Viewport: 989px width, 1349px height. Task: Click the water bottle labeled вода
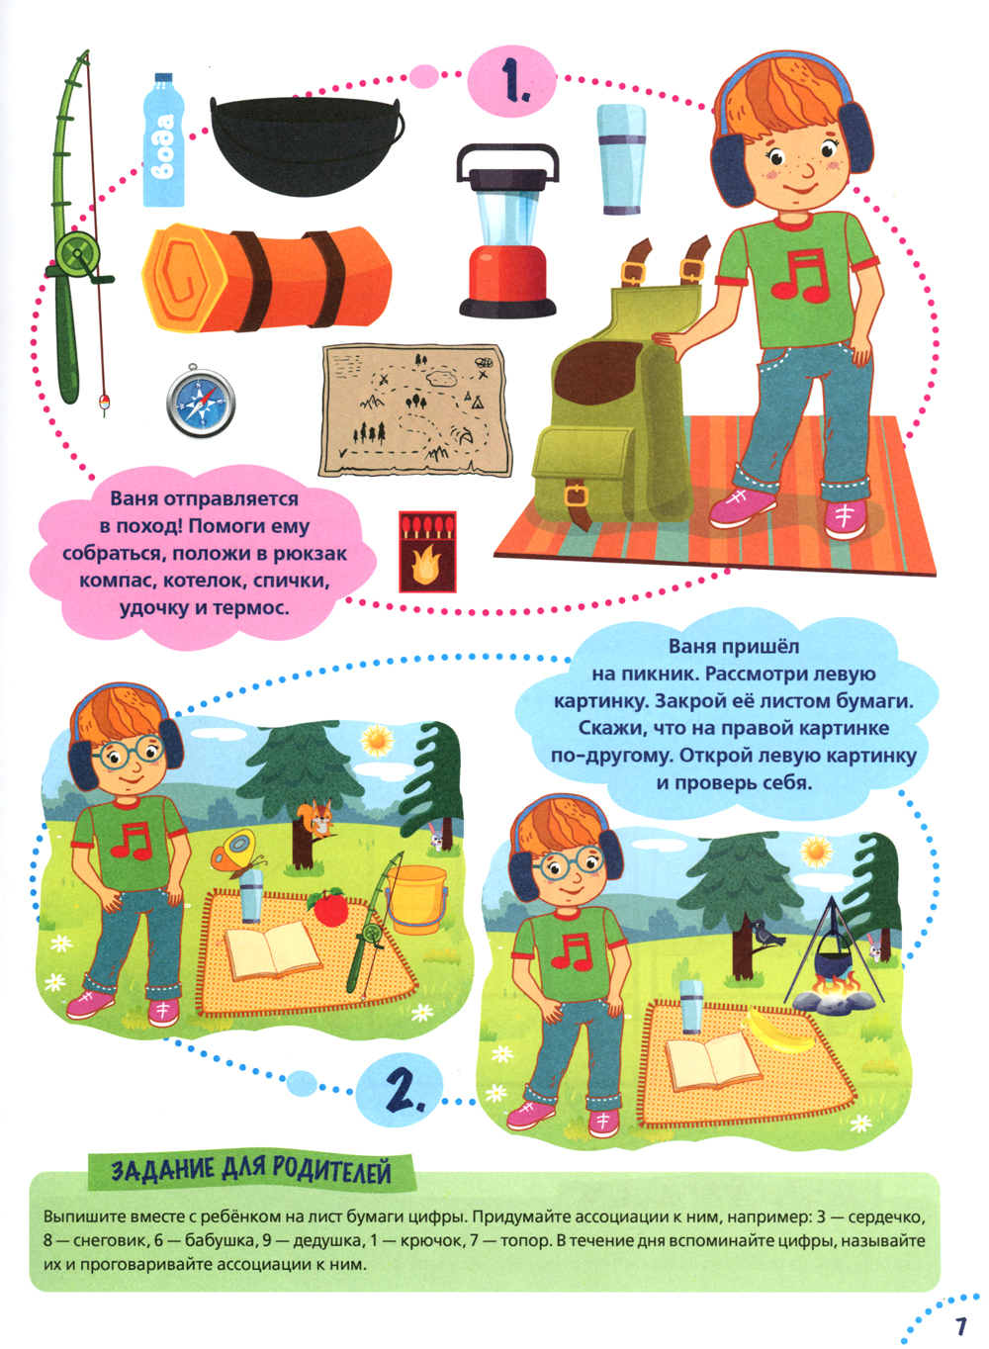click(163, 139)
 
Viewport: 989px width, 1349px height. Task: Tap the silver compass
click(201, 400)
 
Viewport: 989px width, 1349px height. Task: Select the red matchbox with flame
click(427, 552)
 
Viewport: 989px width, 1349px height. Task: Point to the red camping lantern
click(507, 230)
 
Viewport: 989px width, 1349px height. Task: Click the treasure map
click(415, 410)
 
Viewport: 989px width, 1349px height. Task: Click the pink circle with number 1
click(511, 81)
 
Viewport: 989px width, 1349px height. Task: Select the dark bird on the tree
click(766, 935)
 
